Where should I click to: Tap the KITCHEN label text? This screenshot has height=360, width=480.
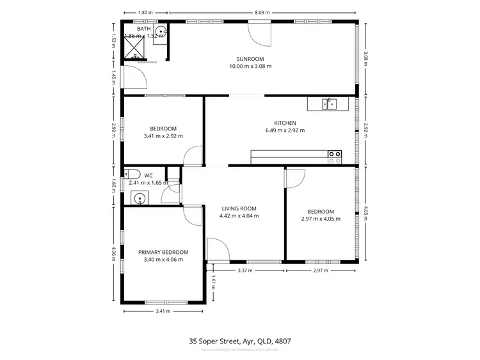click(285, 123)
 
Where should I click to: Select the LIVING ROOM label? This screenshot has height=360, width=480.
click(239, 208)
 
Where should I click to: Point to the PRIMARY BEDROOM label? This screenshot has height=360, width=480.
click(163, 252)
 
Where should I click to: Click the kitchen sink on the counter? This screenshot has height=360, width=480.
click(329, 104)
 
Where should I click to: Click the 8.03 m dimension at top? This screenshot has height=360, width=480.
click(261, 12)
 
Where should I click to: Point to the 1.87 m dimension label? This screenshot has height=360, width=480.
click(145, 12)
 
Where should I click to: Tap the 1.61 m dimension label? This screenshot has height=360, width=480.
click(212, 280)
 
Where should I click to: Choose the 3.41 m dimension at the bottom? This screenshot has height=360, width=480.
click(163, 311)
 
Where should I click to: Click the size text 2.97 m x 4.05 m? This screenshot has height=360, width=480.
click(320, 219)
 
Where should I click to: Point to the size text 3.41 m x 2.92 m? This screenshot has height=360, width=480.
click(163, 136)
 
